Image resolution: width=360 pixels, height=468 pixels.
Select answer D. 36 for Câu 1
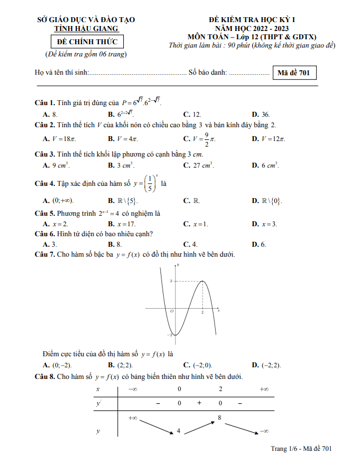(261, 115)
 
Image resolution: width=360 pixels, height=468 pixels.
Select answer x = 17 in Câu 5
(122, 224)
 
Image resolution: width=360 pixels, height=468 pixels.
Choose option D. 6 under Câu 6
(259, 244)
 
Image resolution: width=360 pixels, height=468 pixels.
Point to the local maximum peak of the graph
(203, 281)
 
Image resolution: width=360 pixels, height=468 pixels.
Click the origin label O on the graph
(172, 312)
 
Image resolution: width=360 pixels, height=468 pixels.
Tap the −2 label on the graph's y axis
(170, 334)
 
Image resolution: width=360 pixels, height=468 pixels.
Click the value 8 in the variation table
(220, 418)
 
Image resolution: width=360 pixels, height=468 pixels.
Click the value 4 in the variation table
(179, 430)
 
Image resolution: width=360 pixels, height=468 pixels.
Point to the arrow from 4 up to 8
(199, 425)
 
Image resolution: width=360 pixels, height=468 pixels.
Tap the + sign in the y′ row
(199, 403)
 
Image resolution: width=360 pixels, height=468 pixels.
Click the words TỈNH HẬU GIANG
(87, 29)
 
